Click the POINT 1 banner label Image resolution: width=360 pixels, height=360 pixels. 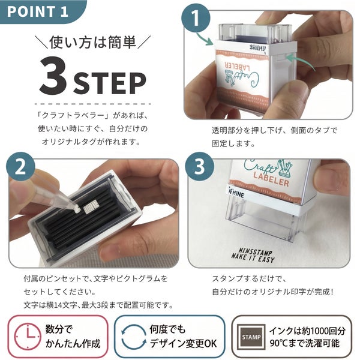pyautogui.click(x=37, y=11)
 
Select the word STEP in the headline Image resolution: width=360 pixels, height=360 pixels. pyautogui.click(x=109, y=83)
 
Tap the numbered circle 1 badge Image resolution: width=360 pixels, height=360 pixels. pyautogui.click(x=196, y=18)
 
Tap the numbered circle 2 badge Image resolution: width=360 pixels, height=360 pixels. pyautogui.click(x=20, y=167)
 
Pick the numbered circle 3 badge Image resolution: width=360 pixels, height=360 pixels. pyautogui.click(x=199, y=166)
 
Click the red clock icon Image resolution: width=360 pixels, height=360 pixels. pyautogui.click(x=28, y=337)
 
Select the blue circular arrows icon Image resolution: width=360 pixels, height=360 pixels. pyautogui.click(x=134, y=337)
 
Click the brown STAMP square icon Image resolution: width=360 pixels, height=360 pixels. pyautogui.click(x=251, y=337)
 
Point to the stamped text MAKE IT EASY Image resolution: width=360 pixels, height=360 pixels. pyautogui.click(x=253, y=258)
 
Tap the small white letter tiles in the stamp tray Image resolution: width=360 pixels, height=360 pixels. pyautogui.click(x=90, y=207)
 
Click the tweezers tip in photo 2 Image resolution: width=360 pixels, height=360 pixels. pyautogui.click(x=76, y=209)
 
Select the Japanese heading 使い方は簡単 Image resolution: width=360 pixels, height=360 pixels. pyautogui.click(x=93, y=42)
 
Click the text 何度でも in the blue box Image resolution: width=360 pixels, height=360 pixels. pyautogui.click(x=167, y=329)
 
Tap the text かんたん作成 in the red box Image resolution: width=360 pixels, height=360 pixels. pyautogui.click(x=73, y=343)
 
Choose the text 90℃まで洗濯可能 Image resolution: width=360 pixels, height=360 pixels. pyautogui.click(x=304, y=343)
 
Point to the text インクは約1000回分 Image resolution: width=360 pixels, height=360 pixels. pyautogui.click(x=307, y=331)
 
